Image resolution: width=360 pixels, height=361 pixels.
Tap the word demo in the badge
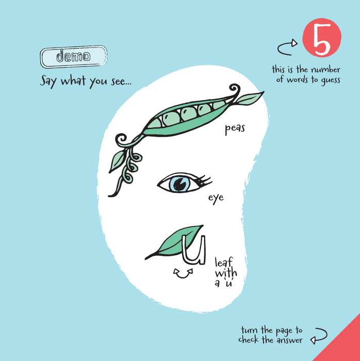tap(74, 56)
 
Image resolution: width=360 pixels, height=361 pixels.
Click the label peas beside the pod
tap(235, 129)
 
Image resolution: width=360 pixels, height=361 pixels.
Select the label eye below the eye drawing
tap(216, 199)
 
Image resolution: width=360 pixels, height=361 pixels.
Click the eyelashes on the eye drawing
tap(204, 180)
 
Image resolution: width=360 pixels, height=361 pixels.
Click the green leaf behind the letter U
tap(174, 243)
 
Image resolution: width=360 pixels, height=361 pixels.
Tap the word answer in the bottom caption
tap(289, 340)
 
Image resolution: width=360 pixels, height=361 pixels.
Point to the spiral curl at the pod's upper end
tap(235, 90)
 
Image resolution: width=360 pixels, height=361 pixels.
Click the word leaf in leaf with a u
tap(224, 262)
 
